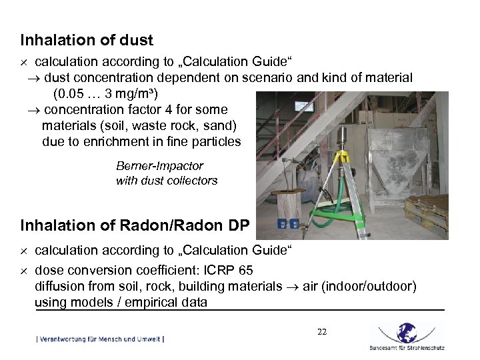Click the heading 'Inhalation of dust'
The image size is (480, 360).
click(87, 41)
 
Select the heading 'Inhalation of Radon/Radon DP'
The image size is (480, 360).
click(135, 226)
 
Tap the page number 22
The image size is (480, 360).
click(322, 331)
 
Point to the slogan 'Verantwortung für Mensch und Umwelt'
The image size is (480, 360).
click(100, 339)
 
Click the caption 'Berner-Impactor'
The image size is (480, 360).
click(159, 166)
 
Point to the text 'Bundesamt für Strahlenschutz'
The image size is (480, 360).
click(406, 348)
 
